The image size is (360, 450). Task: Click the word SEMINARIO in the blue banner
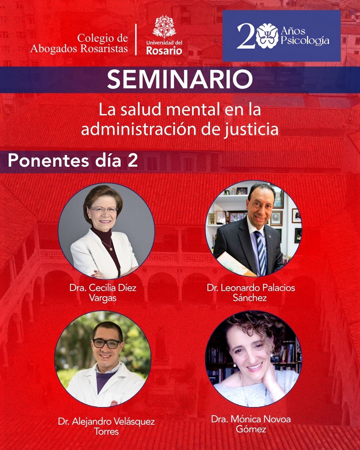[x=180, y=79]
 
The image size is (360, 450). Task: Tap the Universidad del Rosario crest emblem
[x=164, y=27]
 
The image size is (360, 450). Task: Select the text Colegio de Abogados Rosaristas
[x=79, y=43]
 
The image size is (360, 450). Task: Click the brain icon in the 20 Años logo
[x=268, y=36]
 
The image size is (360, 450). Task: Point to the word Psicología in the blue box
[x=305, y=40]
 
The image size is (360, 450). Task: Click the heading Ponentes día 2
[x=73, y=161]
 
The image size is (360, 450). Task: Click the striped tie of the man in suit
[x=261, y=252]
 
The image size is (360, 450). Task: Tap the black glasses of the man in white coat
[x=107, y=343]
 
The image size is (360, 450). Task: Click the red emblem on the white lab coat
[x=114, y=402]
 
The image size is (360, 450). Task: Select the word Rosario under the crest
[x=164, y=51]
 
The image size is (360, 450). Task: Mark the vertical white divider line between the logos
[x=136, y=39]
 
